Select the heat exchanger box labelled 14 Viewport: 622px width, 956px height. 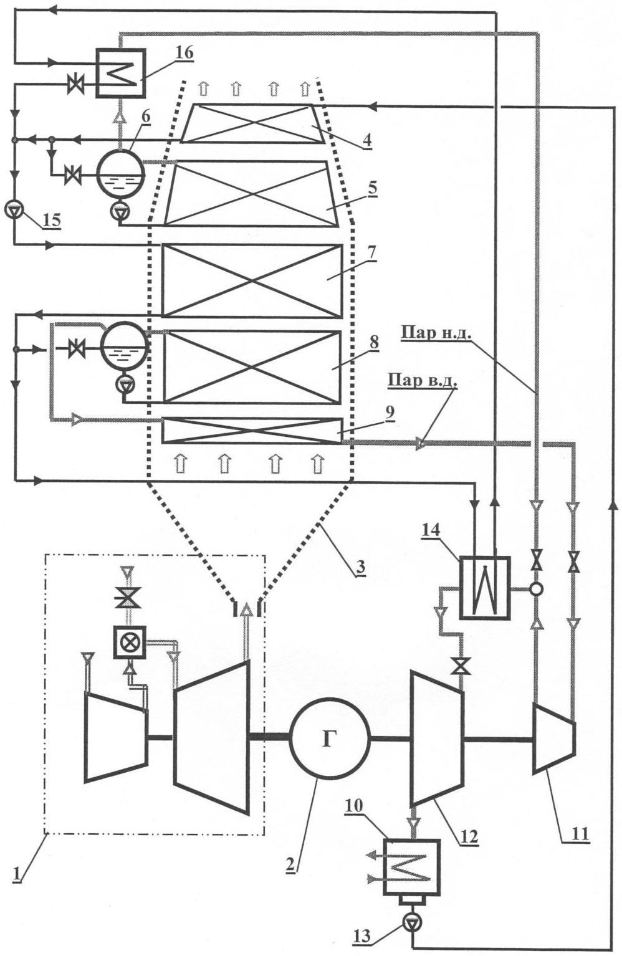484,588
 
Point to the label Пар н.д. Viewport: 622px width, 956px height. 436,335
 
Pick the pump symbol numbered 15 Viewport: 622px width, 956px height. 13,209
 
